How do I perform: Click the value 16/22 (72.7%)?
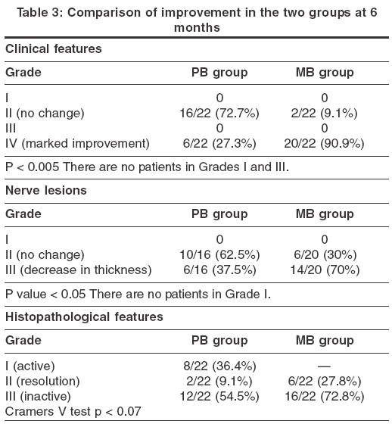coord(219,113)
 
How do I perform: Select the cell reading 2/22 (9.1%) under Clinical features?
coord(324,113)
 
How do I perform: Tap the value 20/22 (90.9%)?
coord(324,143)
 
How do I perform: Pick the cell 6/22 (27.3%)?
coord(219,143)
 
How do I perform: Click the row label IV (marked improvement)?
coord(77,143)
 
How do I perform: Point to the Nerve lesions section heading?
coord(46,190)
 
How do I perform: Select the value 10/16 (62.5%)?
coord(219,254)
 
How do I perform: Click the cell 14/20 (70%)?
coord(325,270)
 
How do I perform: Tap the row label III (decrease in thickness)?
coord(79,270)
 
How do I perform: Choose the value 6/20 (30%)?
coord(325,254)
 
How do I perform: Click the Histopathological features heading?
coord(84,317)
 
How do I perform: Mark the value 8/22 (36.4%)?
coord(219,366)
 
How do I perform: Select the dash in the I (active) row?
coord(324,366)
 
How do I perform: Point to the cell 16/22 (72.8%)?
coord(325,397)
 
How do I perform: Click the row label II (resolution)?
coord(42,382)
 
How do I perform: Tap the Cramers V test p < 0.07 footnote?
coord(73,412)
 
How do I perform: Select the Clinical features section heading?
coord(54,49)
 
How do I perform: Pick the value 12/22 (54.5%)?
coord(219,397)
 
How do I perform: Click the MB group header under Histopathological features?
coord(325,341)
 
